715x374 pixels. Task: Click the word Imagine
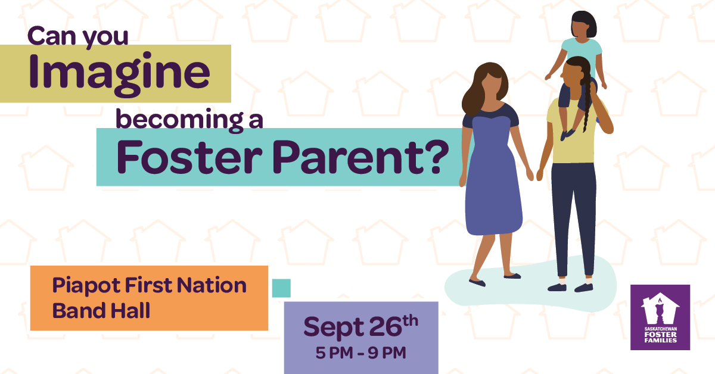pos(119,74)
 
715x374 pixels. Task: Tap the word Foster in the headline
pos(189,158)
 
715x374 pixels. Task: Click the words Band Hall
pos(101,310)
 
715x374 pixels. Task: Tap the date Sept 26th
pos(360,326)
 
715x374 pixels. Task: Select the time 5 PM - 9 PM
pos(360,353)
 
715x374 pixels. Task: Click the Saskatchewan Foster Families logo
pos(660,317)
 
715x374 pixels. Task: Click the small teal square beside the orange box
pos(281,288)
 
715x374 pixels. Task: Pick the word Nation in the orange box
pos(212,285)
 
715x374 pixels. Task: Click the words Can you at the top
pos(78,36)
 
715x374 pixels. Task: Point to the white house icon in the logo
pos(660,308)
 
